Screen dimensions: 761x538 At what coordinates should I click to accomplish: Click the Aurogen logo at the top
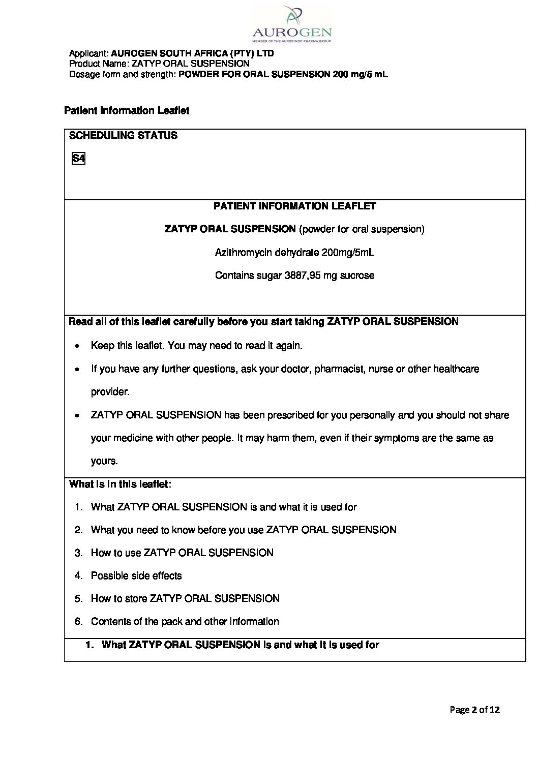click(x=291, y=23)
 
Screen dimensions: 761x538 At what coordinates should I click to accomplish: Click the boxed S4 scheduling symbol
click(x=78, y=159)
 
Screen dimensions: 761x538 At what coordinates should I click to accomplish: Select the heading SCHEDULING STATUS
click(x=123, y=136)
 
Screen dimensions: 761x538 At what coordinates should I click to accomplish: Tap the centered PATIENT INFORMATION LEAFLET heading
click(x=294, y=206)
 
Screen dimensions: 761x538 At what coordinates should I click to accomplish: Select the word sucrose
click(x=358, y=276)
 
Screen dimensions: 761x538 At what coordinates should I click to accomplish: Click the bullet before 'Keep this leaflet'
click(x=76, y=346)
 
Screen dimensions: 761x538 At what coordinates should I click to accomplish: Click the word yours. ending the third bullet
click(x=104, y=461)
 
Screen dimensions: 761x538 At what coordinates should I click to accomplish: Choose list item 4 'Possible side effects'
click(x=136, y=575)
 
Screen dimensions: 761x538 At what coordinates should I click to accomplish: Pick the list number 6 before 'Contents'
click(x=78, y=621)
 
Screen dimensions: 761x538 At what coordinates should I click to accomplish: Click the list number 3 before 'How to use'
click(x=78, y=553)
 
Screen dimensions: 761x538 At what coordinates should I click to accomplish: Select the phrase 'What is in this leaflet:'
click(x=120, y=484)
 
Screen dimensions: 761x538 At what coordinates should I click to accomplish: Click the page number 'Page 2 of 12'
click(x=474, y=709)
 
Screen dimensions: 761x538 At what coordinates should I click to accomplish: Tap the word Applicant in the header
click(x=88, y=53)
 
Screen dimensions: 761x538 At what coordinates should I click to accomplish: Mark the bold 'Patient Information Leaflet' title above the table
click(x=127, y=111)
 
